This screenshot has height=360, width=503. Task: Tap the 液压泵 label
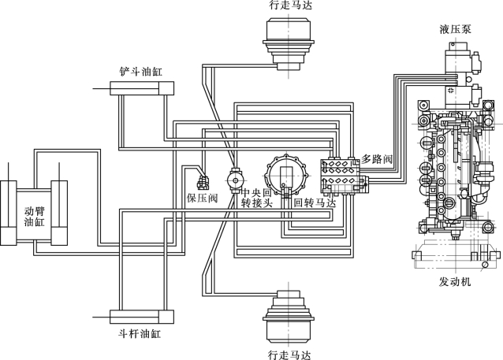(455, 29)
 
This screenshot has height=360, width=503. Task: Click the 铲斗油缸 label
(141, 71)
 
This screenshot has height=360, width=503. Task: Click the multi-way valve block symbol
(344, 176)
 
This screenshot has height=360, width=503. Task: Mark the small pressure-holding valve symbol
(203, 184)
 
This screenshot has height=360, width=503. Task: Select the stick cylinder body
(143, 317)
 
